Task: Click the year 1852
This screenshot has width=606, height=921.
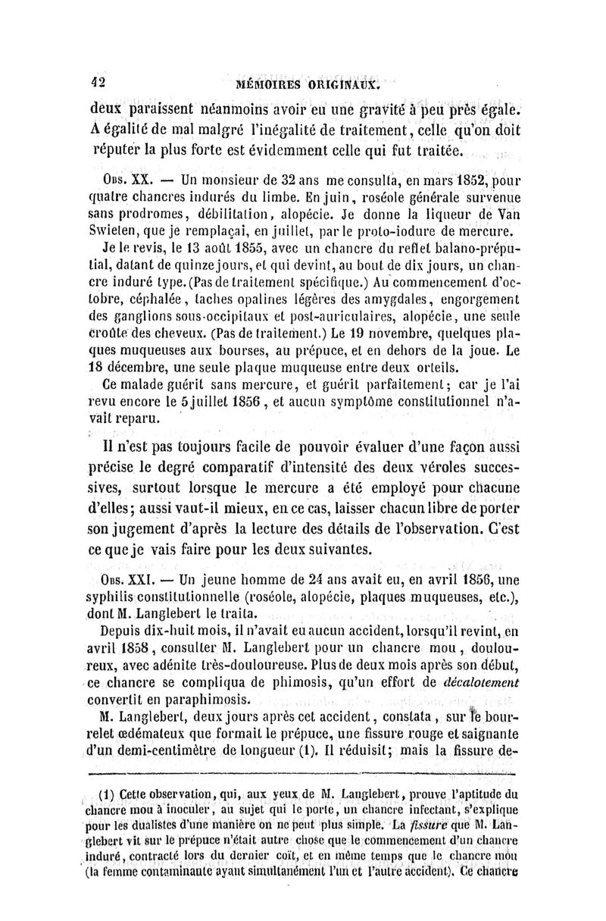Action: coord(426,181)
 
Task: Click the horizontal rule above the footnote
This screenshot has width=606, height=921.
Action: coord(303,773)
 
